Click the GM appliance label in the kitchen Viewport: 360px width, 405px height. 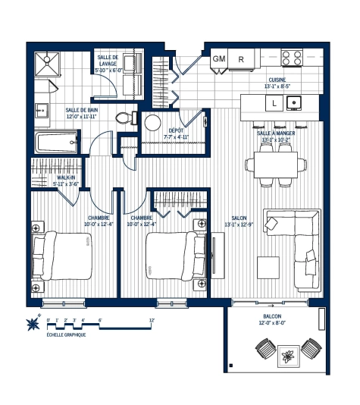click(x=219, y=58)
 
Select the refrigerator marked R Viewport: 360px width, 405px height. click(x=241, y=58)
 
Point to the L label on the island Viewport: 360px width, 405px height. click(x=270, y=102)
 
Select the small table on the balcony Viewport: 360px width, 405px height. click(x=289, y=354)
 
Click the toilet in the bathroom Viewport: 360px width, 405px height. click(x=125, y=118)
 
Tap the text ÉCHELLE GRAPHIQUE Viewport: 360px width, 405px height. click(x=66, y=334)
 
